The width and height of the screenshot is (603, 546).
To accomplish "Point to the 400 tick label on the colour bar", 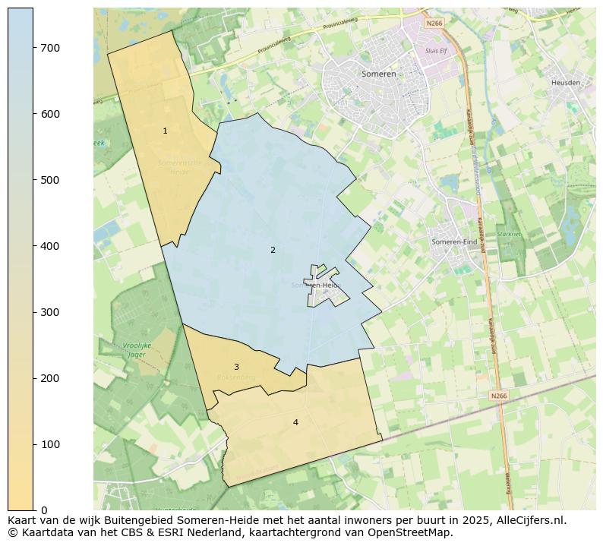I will click(49, 246).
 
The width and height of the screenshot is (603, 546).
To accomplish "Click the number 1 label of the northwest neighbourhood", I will click(165, 131).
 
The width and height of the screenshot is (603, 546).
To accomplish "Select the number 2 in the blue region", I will click(273, 250).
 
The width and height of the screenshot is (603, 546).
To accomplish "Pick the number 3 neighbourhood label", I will click(236, 367).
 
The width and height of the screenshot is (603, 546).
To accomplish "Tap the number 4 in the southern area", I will click(295, 422).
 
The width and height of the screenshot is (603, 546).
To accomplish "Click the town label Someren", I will click(379, 74).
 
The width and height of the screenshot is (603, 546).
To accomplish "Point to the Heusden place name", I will click(565, 82).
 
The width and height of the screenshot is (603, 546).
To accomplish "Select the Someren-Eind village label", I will click(454, 241).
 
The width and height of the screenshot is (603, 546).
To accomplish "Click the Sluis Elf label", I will click(437, 50).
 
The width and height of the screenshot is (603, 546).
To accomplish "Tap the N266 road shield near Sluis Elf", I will click(433, 24).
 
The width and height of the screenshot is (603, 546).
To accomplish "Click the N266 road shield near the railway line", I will click(497, 396).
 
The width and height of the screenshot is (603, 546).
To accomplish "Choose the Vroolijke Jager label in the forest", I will click(137, 349).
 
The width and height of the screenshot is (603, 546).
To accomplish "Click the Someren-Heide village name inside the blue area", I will click(316, 286).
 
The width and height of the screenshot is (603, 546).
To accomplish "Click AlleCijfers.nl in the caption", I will click(529, 520).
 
